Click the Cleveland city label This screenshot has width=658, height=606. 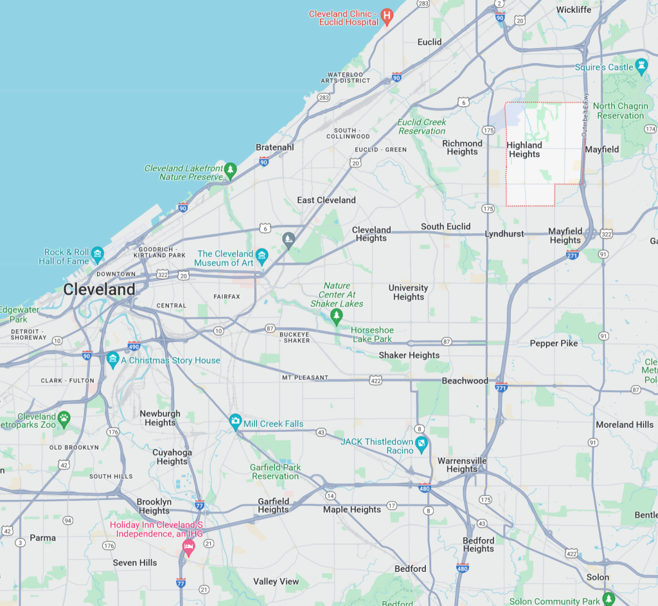(x=99, y=289)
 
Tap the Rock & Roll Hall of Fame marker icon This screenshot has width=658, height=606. (x=98, y=253)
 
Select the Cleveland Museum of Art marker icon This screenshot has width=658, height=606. (x=262, y=256)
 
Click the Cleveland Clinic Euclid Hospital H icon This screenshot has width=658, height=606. (x=386, y=15)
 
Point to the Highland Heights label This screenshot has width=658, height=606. (x=524, y=150)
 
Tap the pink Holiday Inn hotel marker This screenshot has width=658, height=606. (x=188, y=548)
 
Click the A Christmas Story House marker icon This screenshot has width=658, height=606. (x=114, y=359)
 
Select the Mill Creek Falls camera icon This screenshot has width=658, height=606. (x=235, y=422)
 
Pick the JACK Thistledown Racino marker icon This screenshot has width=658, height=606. (x=421, y=443)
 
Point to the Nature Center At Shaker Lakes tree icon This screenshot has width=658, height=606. (x=336, y=314)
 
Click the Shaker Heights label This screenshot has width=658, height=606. (x=409, y=355)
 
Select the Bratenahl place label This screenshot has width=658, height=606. (x=274, y=147)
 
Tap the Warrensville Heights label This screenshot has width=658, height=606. (x=462, y=465)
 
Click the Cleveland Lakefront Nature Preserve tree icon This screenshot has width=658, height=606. (x=230, y=170)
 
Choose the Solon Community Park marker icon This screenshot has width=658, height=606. (x=608, y=598)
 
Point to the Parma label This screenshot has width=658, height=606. (x=43, y=537)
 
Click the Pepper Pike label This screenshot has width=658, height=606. (x=553, y=343)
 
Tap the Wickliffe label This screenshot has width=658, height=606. (x=574, y=10)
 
